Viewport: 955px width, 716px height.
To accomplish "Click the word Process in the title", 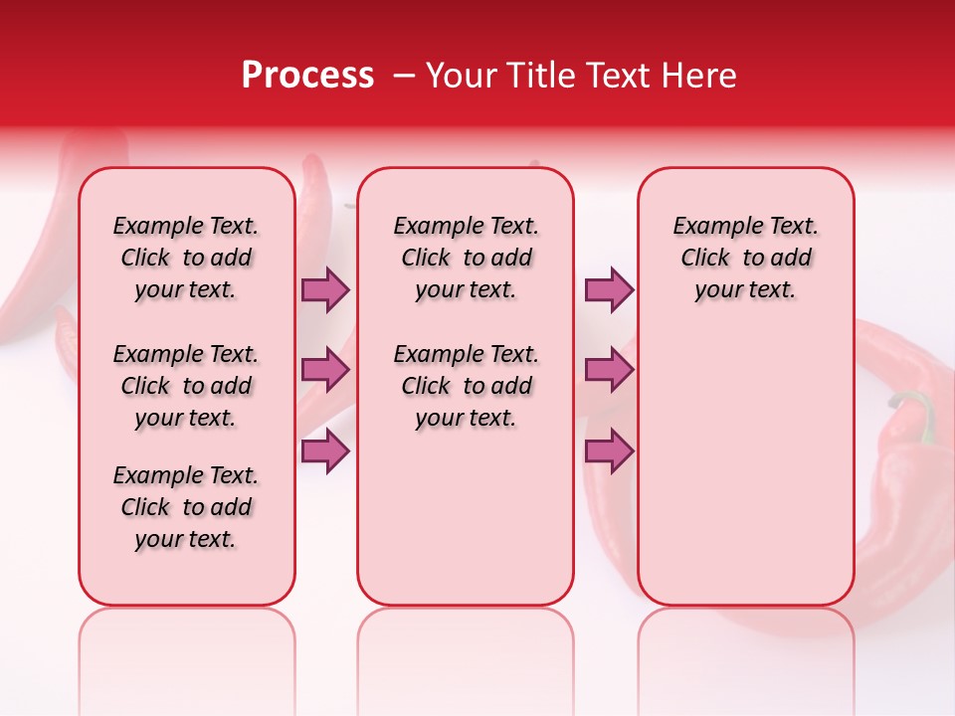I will coord(307,76).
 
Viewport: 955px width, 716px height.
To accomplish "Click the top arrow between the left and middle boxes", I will coord(325,290).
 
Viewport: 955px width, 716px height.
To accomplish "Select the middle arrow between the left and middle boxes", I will coord(325,371).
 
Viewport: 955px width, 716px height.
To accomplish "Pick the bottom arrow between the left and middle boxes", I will coord(325,451).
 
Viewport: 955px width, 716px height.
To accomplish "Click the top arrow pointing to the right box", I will coord(609,290).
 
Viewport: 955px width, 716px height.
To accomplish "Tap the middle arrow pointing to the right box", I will coord(609,371).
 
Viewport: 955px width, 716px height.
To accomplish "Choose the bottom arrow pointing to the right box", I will coord(609,451).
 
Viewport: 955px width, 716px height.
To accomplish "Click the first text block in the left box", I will coord(186,258).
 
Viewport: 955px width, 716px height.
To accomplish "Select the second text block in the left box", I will coord(186,386).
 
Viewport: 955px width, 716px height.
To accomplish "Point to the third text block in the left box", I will coord(186,507).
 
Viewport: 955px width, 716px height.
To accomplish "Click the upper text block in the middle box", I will coord(466,258).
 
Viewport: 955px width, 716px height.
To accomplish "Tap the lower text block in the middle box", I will coord(466,386).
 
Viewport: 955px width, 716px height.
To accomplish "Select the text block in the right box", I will coord(745,258).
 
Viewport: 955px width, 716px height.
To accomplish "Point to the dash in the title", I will coord(404,76).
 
